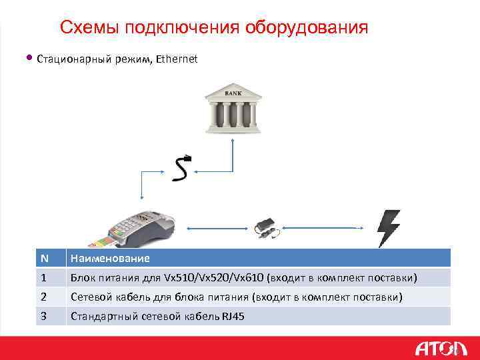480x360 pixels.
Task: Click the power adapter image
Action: (268, 227)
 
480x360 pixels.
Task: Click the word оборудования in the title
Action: (307, 27)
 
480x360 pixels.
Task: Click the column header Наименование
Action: (110, 258)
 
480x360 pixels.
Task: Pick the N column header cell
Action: (44, 258)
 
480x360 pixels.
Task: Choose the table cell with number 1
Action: (44, 277)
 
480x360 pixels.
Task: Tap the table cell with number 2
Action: (44, 297)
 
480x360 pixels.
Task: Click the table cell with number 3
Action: (44, 316)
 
